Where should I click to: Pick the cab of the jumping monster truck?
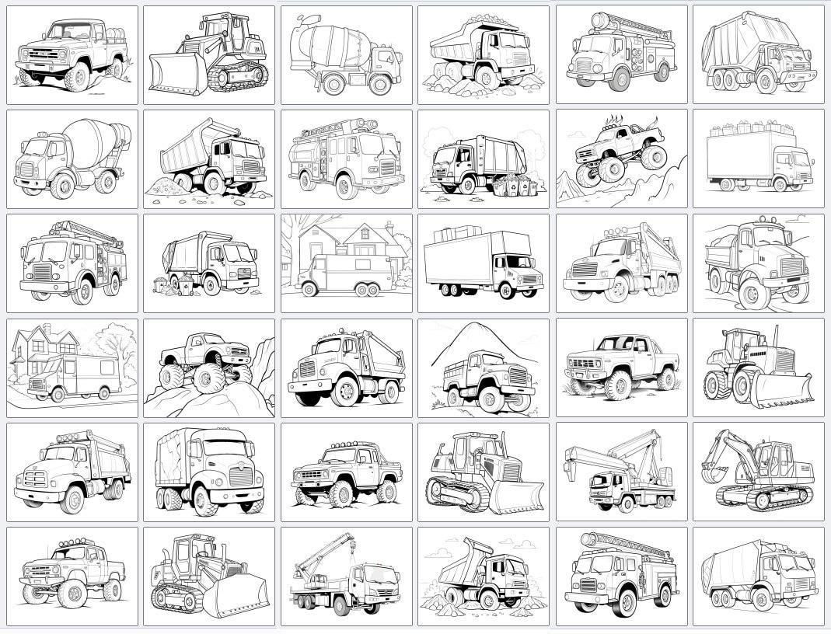pos(619,136)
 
